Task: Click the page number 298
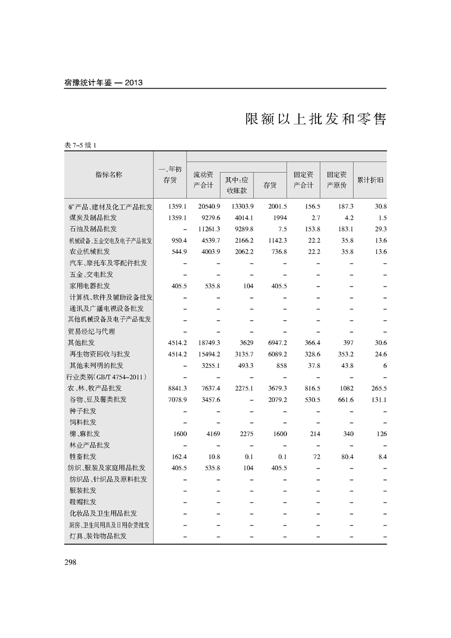click(x=71, y=562)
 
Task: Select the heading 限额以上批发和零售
click(x=315, y=119)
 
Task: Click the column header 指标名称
click(x=109, y=175)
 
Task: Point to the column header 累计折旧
click(x=370, y=180)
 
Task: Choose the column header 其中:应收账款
click(x=237, y=185)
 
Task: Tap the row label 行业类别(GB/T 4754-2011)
click(x=107, y=377)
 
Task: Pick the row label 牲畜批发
click(x=82, y=457)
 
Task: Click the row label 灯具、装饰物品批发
click(x=98, y=536)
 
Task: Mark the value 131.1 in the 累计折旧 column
click(x=378, y=400)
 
